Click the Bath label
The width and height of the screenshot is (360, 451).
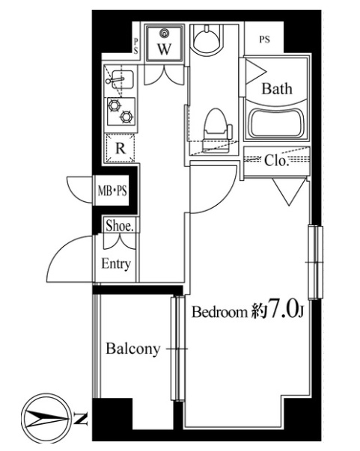[276, 88]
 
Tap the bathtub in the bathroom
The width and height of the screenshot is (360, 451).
[277, 123]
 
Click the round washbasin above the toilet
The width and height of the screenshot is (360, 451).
[207, 39]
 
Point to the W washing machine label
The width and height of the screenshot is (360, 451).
[164, 49]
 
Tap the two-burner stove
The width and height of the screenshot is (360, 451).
[120, 111]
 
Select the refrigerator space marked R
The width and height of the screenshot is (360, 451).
[120, 149]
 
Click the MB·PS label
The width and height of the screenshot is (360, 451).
[112, 191]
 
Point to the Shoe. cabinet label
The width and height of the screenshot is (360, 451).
[120, 226]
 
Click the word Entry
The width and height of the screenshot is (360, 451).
[116, 264]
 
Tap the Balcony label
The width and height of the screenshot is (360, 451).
[133, 349]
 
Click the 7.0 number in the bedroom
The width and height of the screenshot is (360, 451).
[282, 310]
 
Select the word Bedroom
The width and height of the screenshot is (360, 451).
[220, 312]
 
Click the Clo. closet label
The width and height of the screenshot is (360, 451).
[276, 161]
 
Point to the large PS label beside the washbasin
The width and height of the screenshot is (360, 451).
[264, 40]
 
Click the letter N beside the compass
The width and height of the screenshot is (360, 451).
[81, 419]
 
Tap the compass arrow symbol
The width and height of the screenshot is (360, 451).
[46, 419]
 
